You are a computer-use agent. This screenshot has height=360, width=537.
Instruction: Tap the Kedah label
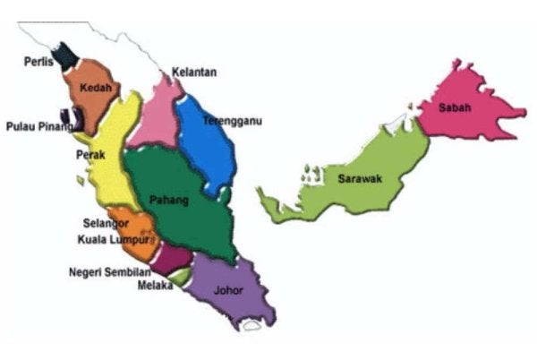coord(95,88)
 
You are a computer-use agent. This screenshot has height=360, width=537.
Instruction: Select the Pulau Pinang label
coord(38,126)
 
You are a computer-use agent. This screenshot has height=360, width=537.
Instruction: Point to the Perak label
coord(91,155)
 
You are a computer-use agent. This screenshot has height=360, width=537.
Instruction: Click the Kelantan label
coord(194,72)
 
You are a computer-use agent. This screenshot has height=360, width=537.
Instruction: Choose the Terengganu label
coord(231,121)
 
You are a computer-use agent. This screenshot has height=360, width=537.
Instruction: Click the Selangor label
coord(106,222)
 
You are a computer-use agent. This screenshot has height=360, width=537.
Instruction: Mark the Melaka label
coord(155,286)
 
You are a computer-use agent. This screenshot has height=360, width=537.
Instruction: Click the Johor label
coord(228,290)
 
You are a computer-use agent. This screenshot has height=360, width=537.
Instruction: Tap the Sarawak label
coord(360,179)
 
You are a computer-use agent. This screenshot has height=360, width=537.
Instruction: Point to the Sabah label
coord(451,108)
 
